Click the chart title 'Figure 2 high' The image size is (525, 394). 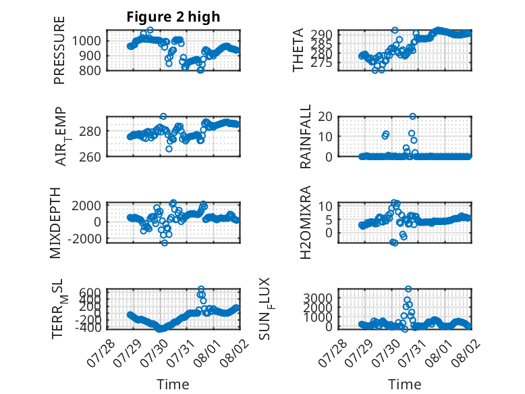click(x=173, y=17)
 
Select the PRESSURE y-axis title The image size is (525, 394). click(x=59, y=50)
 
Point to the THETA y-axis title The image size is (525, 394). click(x=298, y=50)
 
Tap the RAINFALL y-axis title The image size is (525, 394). click(x=306, y=137)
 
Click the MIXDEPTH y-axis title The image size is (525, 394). click(x=55, y=223)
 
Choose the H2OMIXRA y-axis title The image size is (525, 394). click(x=306, y=222)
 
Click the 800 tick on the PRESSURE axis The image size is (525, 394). click(x=89, y=71)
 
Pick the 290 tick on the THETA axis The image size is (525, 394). click(x=321, y=34)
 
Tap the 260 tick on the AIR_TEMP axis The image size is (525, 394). click(x=89, y=157)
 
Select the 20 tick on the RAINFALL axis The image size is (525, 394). click(x=325, y=117)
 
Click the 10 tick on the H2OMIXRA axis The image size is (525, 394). click(x=325, y=206)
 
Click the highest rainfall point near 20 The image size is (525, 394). click(x=412, y=116)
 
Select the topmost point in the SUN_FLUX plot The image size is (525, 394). click(x=408, y=289)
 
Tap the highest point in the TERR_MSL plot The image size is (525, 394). click(x=201, y=289)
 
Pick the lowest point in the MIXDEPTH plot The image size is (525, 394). click(x=165, y=243)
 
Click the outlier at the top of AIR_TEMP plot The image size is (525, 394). click(x=163, y=116)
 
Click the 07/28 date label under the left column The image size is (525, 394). click(x=101, y=353)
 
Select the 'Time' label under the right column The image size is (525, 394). click(x=404, y=385)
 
